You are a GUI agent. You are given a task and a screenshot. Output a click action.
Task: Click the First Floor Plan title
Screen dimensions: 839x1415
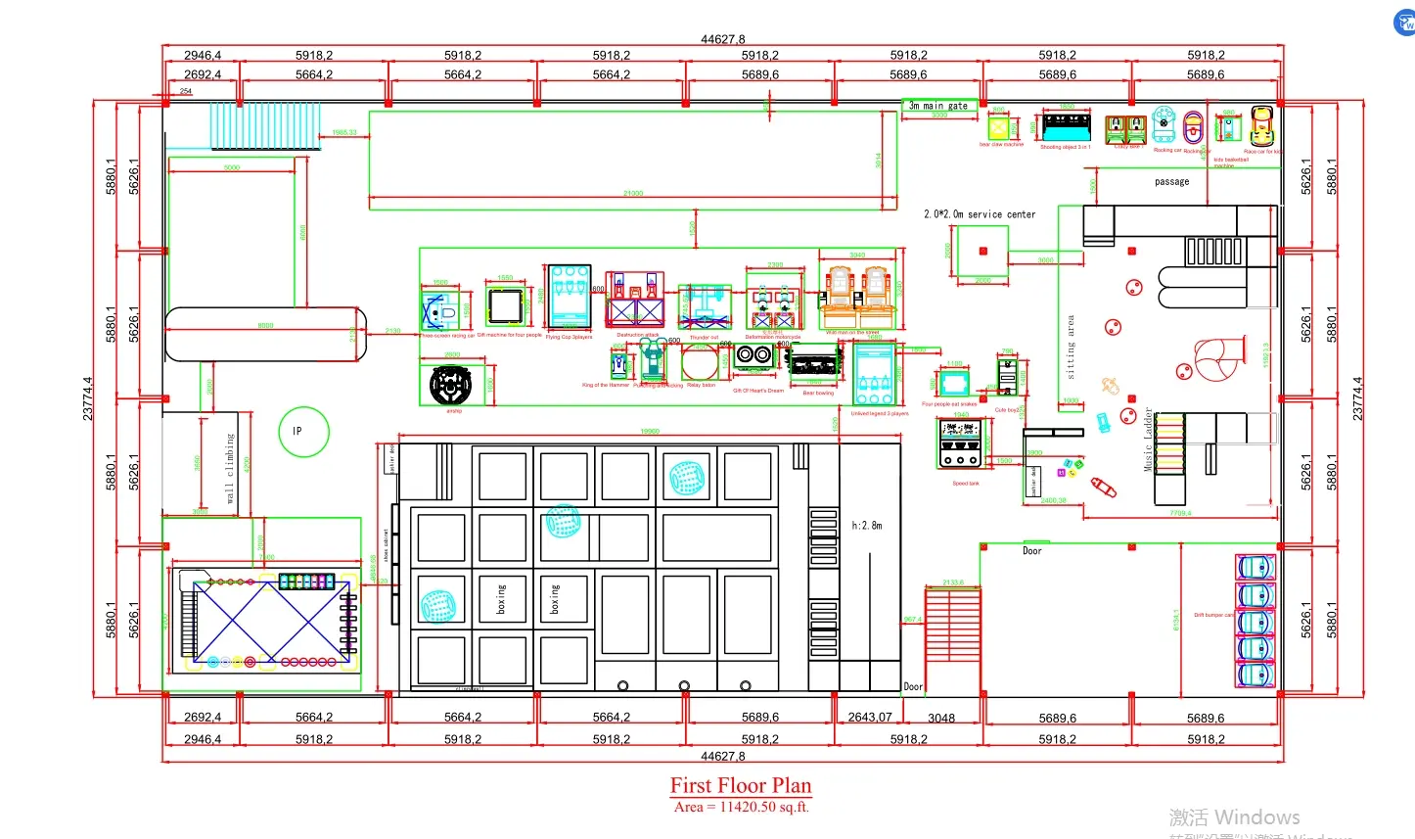tap(741, 785)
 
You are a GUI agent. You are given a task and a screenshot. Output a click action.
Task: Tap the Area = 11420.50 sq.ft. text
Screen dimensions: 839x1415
tap(741, 807)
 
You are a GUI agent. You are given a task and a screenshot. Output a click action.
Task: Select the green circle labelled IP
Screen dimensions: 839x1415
tap(303, 432)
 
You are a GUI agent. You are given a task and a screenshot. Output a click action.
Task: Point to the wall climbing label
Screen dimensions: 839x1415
tap(231, 468)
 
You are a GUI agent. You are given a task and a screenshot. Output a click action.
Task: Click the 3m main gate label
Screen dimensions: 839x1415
tap(937, 105)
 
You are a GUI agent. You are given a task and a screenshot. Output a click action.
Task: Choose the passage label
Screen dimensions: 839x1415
tap(1171, 182)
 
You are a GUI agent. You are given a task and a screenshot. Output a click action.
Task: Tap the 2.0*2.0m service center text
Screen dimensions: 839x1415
tap(980, 213)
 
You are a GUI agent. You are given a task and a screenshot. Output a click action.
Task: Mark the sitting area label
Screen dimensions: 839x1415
tap(1071, 348)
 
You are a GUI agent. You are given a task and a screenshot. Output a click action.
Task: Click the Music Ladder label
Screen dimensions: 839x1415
tap(1149, 441)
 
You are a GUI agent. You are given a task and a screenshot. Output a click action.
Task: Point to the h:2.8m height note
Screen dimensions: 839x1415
tap(867, 526)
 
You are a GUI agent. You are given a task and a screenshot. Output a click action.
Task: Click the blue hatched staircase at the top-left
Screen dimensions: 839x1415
tap(265, 126)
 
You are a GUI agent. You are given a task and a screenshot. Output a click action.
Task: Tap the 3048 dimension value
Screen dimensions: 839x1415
tap(941, 718)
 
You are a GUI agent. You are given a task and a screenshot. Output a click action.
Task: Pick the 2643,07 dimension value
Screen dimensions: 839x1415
tap(870, 717)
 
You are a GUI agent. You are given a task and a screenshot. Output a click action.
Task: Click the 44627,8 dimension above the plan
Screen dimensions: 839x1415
tap(722, 39)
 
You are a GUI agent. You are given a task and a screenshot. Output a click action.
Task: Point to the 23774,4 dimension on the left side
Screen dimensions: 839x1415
tap(88, 399)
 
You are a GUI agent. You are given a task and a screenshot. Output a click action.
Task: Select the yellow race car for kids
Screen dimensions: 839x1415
tap(1261, 126)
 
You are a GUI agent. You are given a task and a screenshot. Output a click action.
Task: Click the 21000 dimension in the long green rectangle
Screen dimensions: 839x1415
tap(633, 194)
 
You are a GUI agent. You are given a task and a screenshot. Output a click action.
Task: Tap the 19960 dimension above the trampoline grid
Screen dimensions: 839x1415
tap(650, 432)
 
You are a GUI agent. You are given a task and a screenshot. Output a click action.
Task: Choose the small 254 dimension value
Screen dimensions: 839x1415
tap(185, 91)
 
